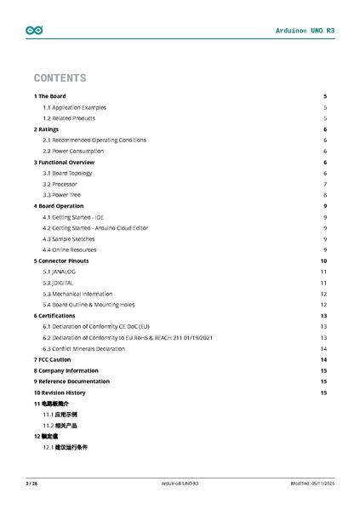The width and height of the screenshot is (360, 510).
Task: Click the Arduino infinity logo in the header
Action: [34, 30]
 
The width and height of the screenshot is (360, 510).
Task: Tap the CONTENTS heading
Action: [60, 77]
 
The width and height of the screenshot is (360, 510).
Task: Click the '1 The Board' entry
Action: [49, 96]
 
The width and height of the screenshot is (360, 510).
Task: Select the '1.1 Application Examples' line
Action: [74, 107]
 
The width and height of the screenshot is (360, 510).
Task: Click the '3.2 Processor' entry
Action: [60, 184]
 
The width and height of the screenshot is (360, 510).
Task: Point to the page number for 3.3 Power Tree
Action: [325, 195]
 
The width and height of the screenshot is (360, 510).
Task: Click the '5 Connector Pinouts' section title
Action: [60, 261]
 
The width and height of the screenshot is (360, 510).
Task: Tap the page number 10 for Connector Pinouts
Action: [323, 261]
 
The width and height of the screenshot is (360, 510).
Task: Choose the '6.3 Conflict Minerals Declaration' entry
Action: [89, 348]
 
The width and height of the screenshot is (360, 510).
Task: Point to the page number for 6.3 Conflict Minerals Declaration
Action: [324, 348]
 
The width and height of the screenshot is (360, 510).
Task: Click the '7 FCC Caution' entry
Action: [52, 359]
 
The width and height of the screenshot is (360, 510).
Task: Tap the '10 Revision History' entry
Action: [60, 393]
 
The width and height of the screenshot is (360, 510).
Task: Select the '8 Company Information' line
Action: [66, 370]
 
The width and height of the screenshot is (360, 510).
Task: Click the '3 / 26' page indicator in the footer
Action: [31, 484]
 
